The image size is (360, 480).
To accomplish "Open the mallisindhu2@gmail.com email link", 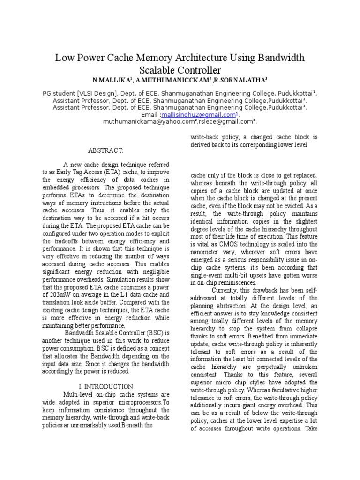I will click(199, 115).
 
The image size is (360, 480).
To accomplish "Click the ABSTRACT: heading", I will click(105, 151).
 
